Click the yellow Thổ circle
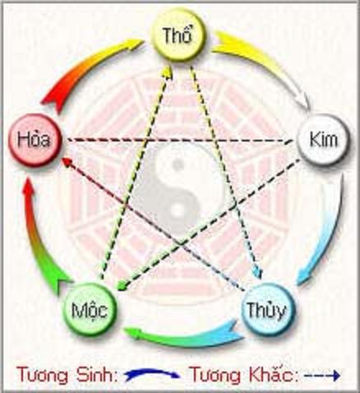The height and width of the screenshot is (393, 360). point(178,36)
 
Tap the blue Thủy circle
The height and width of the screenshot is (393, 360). point(267,309)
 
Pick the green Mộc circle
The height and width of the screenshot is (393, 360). point(89,310)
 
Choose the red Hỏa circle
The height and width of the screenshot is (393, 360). point(34,140)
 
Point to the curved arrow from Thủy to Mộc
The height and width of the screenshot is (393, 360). point(183,335)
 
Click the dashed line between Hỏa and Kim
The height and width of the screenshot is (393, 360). point(179,140)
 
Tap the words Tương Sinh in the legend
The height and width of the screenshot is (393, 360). point(67,375)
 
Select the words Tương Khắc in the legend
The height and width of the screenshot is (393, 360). point(244,375)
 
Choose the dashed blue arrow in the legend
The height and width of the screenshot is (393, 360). point(322,375)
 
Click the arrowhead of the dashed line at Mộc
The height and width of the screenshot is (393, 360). point(121,286)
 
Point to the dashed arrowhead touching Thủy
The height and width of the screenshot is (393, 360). point(259,273)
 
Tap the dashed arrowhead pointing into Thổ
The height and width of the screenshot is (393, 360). point(167,72)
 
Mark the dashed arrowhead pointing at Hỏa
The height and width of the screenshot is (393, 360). point(67,162)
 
